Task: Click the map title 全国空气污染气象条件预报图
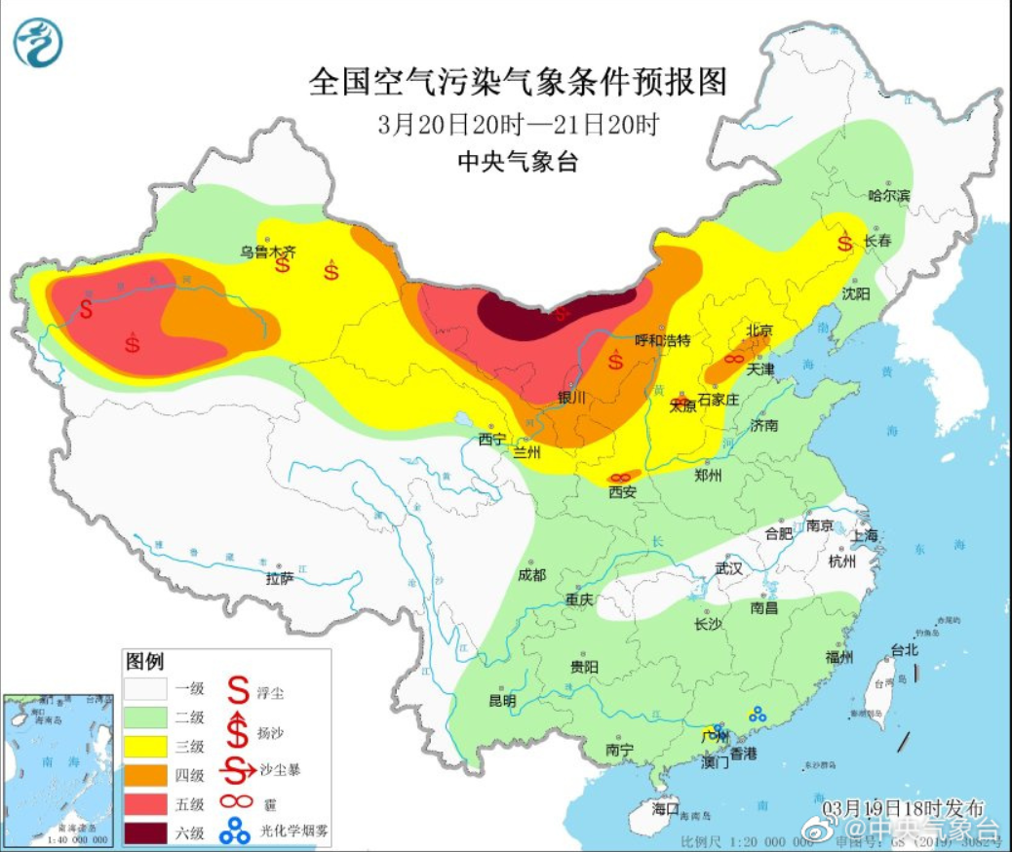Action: coord(518,82)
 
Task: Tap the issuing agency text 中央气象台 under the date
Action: coord(518,162)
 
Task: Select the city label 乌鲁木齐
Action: coord(268,251)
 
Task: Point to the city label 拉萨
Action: coord(279,579)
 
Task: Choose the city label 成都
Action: coord(533,574)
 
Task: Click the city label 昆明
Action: coord(502,700)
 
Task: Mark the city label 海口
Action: coord(665,808)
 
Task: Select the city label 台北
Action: coord(904,649)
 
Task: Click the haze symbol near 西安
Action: coord(619,478)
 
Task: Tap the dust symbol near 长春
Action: coord(843,241)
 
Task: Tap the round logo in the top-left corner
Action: coord(38,44)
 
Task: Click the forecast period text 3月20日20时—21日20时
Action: coord(518,124)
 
